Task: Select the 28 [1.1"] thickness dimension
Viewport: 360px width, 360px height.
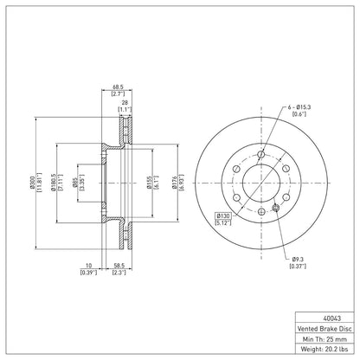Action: coord(126,104)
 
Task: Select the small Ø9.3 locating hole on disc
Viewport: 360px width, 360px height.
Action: coord(275,207)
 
